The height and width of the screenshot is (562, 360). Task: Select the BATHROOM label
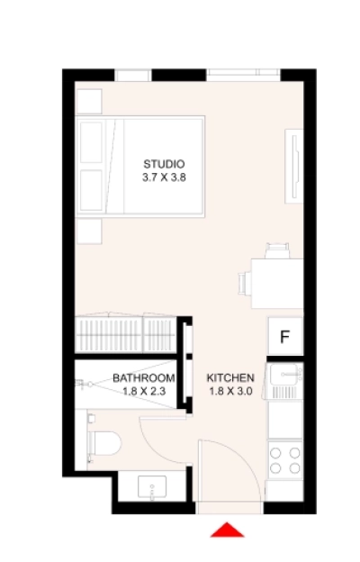pyautogui.click(x=143, y=378)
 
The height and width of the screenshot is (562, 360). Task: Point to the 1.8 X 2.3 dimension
pyautogui.click(x=143, y=392)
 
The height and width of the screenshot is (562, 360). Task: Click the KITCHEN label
pyautogui.click(x=230, y=378)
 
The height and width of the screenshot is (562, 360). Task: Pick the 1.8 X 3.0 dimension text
pyautogui.click(x=230, y=392)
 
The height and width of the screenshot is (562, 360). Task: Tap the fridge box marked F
pyautogui.click(x=284, y=338)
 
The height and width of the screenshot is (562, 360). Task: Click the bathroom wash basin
pyautogui.click(x=153, y=489)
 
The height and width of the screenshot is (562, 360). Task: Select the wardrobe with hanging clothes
pyautogui.click(x=126, y=334)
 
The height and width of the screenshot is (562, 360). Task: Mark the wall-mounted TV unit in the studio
pyautogui.click(x=294, y=168)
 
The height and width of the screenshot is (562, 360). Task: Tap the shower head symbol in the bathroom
pyautogui.click(x=84, y=383)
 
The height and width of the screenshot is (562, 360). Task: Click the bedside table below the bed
pyautogui.click(x=90, y=232)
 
